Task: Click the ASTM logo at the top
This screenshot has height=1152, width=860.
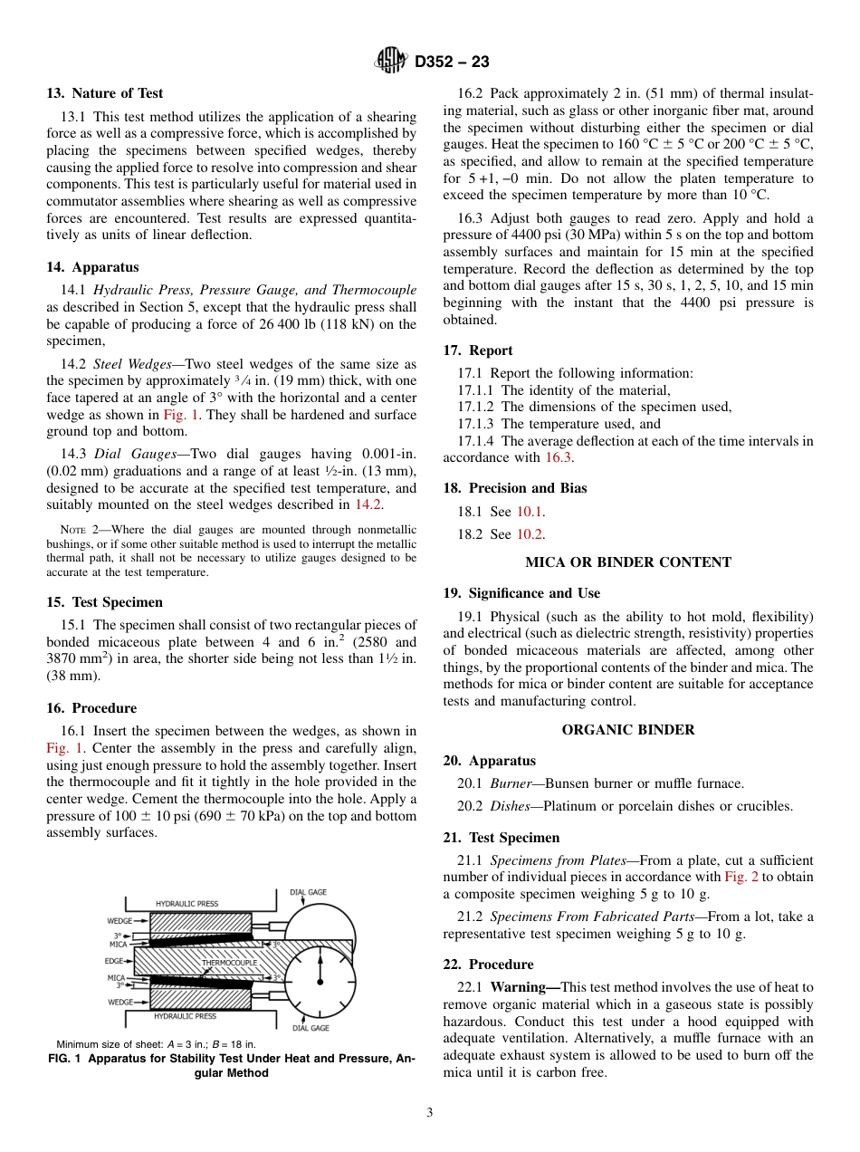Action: [x=391, y=62]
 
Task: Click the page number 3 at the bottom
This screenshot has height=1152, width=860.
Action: [x=430, y=1112]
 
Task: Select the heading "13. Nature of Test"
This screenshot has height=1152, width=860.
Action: [x=105, y=93]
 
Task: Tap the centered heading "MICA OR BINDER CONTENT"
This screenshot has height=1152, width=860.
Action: [x=628, y=562]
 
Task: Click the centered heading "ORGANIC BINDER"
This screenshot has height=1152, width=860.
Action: [x=628, y=730]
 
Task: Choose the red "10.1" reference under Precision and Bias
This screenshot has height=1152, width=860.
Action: [x=530, y=512]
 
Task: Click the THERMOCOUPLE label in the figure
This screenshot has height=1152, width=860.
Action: [x=229, y=962]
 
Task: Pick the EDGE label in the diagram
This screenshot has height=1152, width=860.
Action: [x=114, y=961]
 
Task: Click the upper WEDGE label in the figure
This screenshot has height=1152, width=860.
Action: [x=119, y=920]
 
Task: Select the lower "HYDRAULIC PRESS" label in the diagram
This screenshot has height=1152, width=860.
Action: [x=186, y=1016]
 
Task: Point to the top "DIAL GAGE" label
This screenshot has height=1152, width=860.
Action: [x=308, y=892]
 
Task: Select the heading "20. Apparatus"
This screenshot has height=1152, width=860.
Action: [x=489, y=761]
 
